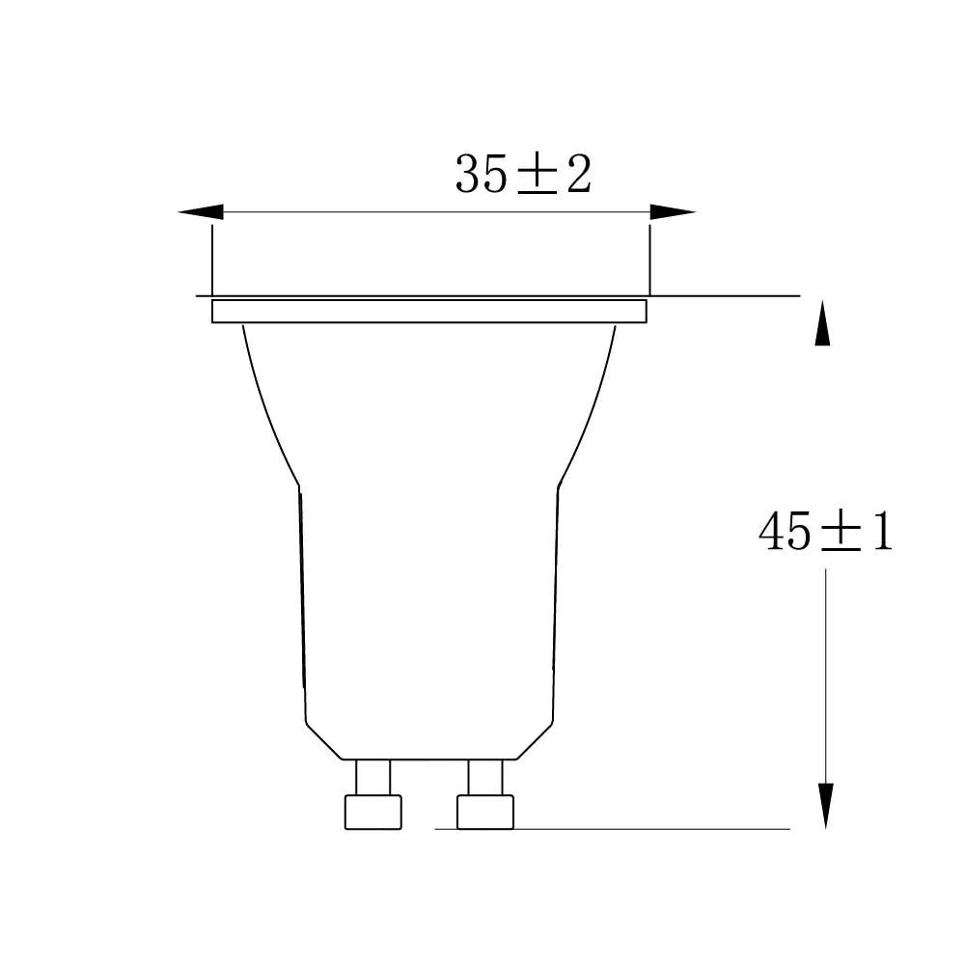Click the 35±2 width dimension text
click(x=523, y=175)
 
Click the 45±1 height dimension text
click(x=825, y=532)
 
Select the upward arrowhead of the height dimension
click(x=822, y=323)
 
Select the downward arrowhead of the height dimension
click(x=826, y=805)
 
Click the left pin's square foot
click(x=372, y=811)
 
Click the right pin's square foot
click(x=485, y=811)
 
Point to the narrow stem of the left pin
click(x=373, y=776)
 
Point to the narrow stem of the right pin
click(x=485, y=776)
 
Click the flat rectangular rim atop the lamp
click(x=428, y=311)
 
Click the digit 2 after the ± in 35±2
click(x=577, y=175)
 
